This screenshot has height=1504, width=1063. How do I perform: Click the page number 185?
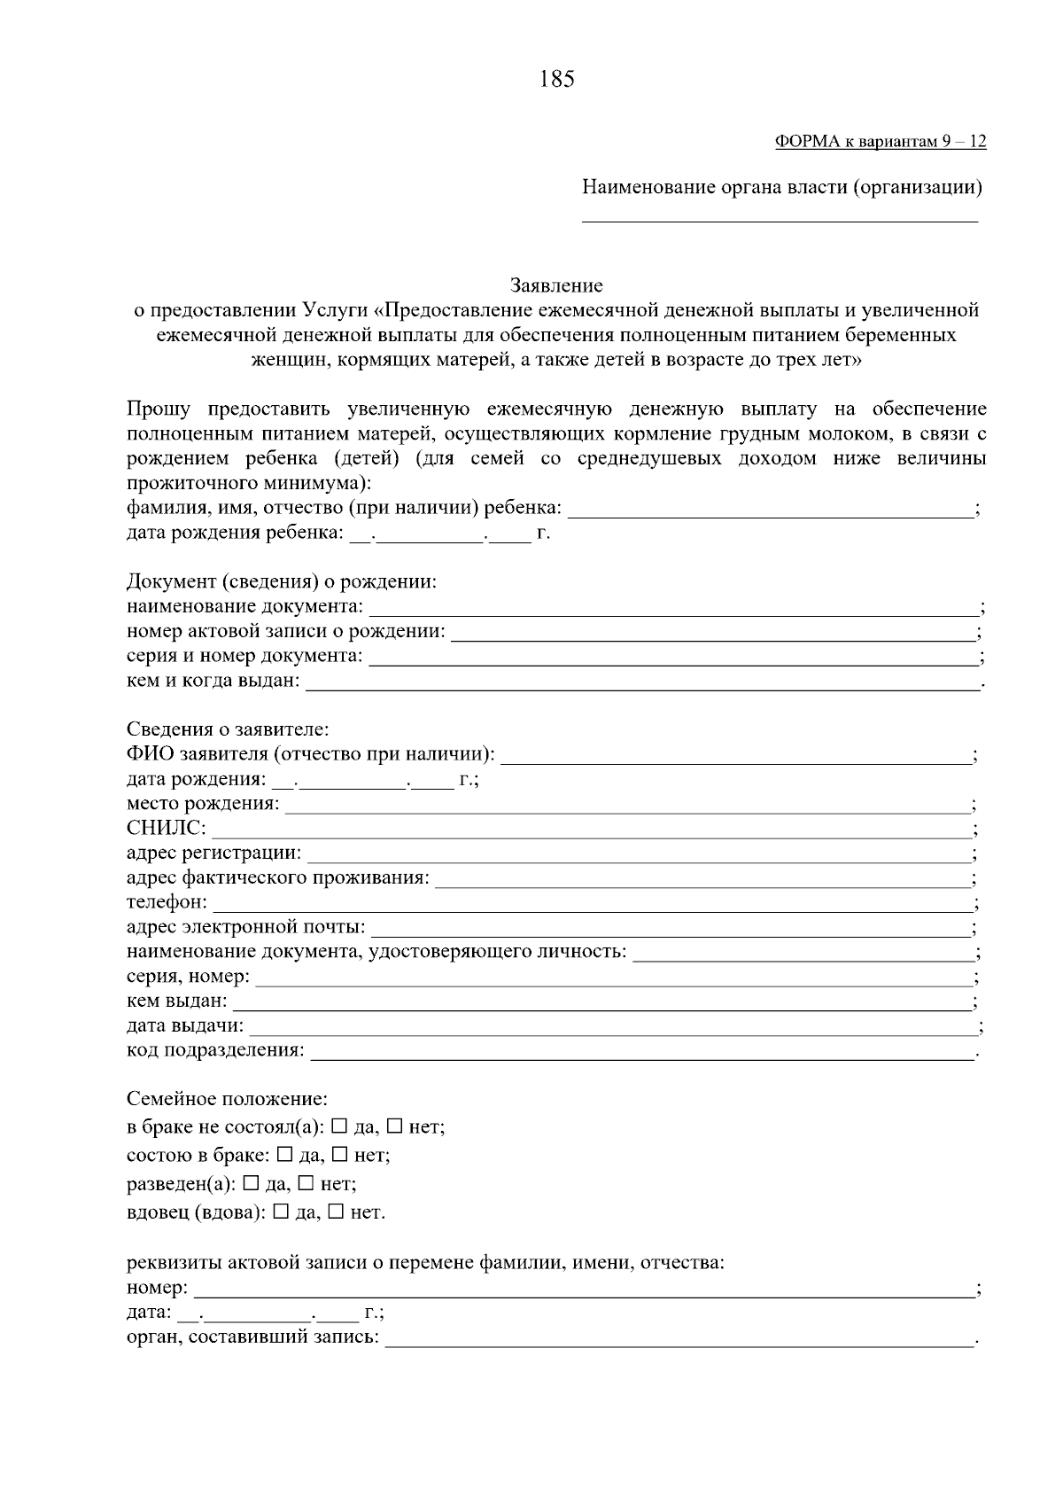[556, 79]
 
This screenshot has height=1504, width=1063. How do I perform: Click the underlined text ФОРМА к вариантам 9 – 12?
[880, 142]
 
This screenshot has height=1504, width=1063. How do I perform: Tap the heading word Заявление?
[556, 285]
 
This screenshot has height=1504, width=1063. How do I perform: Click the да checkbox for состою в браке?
[285, 1155]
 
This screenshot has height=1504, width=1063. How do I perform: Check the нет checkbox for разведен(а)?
[306, 1183]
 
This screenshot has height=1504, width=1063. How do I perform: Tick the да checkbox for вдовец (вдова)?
[281, 1212]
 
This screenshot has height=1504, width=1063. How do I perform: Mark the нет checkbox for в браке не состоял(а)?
[394, 1126]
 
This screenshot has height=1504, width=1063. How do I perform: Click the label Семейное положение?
[227, 1099]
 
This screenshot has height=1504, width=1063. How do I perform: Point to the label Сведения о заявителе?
[228, 729]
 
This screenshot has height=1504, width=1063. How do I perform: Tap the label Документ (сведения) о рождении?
[282, 582]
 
